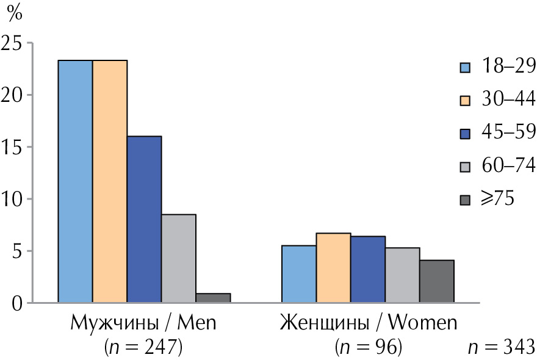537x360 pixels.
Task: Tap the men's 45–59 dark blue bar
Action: click(x=145, y=219)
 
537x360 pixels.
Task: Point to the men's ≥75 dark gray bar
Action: click(x=213, y=298)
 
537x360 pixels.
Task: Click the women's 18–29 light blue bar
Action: click(x=298, y=274)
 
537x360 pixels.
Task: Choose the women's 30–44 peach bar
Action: click(x=333, y=268)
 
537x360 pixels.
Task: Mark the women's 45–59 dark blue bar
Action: click(x=368, y=269)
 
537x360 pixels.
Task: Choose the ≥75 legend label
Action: click(x=498, y=198)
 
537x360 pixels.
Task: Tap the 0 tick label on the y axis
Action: click(x=16, y=303)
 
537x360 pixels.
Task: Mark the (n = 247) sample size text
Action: click(x=145, y=347)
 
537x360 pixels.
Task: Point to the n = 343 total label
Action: click(x=501, y=347)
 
